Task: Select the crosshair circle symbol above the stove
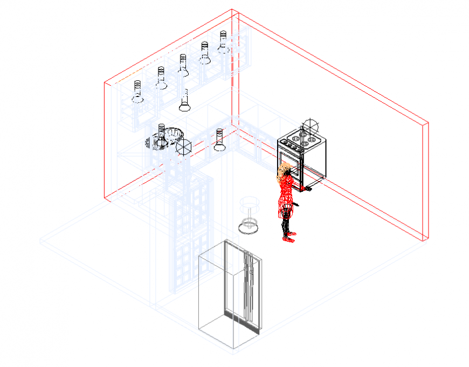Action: pos(311,127)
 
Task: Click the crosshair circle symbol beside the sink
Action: pos(184,147)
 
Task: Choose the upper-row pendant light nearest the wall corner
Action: pos(223,43)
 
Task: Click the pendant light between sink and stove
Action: pos(219,140)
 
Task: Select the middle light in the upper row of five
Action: pos(183,66)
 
